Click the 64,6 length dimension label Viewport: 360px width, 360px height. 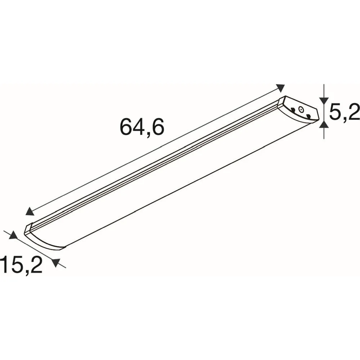[x=142, y=127]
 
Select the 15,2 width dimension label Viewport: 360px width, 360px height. [x=21, y=265]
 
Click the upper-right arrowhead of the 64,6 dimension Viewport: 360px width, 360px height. [x=280, y=88]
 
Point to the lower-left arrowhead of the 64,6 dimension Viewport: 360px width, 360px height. [x=30, y=211]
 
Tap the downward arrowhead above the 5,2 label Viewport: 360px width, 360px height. [x=324, y=100]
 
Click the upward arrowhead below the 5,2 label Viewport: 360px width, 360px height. [x=324, y=124]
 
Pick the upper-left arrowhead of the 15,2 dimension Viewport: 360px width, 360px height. [x=13, y=235]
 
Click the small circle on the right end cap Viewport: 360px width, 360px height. [x=301, y=110]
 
